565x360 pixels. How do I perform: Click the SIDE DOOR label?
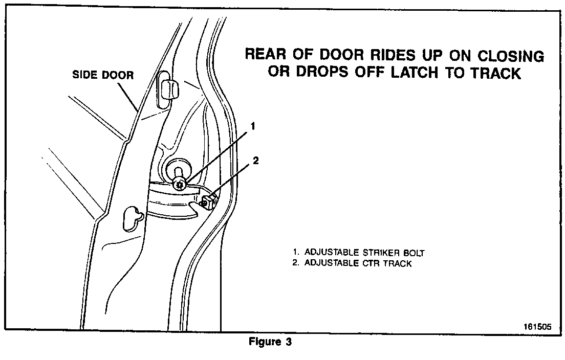point(102,75)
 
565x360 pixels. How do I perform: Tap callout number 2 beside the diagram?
point(255,161)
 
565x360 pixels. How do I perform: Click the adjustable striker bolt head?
point(179,185)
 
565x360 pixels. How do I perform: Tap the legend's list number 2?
point(295,264)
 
